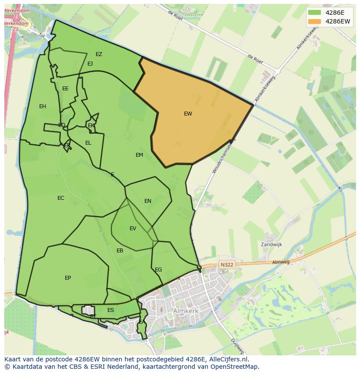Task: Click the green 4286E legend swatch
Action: [x=314, y=13]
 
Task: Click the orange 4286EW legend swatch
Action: [x=314, y=21]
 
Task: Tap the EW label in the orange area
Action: [x=188, y=114]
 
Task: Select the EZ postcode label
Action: [x=99, y=54]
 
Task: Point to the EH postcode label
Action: [x=43, y=106]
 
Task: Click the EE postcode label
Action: [x=65, y=89]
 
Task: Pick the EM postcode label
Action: [x=139, y=155]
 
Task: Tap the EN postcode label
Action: [x=148, y=201]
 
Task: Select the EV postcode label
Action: [x=133, y=228]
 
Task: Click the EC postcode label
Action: [x=61, y=198]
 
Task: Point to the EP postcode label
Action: [x=68, y=278]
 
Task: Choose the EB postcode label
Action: [x=120, y=251]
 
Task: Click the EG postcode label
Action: [x=158, y=270]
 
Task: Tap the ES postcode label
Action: [x=111, y=310]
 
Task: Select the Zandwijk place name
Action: [x=271, y=245]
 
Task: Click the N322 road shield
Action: [x=227, y=265]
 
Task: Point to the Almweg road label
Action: [x=280, y=262]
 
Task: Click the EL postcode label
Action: [x=88, y=143]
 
